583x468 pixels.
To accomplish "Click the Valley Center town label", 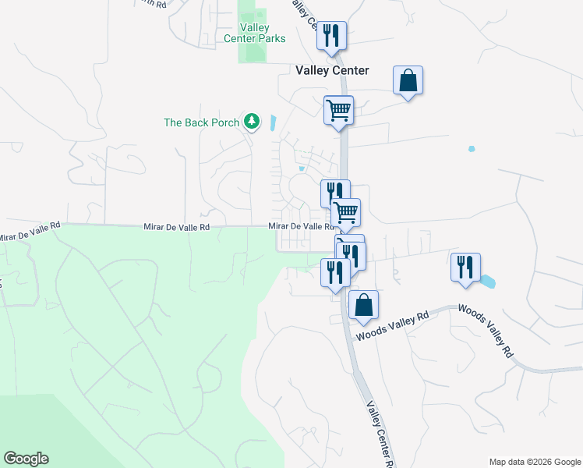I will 332,70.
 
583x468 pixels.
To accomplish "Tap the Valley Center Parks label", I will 254,33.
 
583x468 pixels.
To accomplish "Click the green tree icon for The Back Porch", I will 251,121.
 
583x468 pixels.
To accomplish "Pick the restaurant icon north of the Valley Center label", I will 330,36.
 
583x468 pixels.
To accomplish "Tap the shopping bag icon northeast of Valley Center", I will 408,80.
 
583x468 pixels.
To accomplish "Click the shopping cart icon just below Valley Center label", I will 338,110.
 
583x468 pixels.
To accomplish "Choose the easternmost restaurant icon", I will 465,267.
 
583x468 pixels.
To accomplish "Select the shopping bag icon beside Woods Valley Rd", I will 363,305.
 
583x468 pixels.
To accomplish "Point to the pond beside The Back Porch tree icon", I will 272,123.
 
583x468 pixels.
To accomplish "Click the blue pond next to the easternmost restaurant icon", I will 488,281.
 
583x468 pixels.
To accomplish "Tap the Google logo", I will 26,459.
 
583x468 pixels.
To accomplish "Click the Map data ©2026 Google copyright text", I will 535,462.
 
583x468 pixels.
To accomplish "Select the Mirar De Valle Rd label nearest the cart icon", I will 301,226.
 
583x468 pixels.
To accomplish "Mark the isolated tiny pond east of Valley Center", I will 472,148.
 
